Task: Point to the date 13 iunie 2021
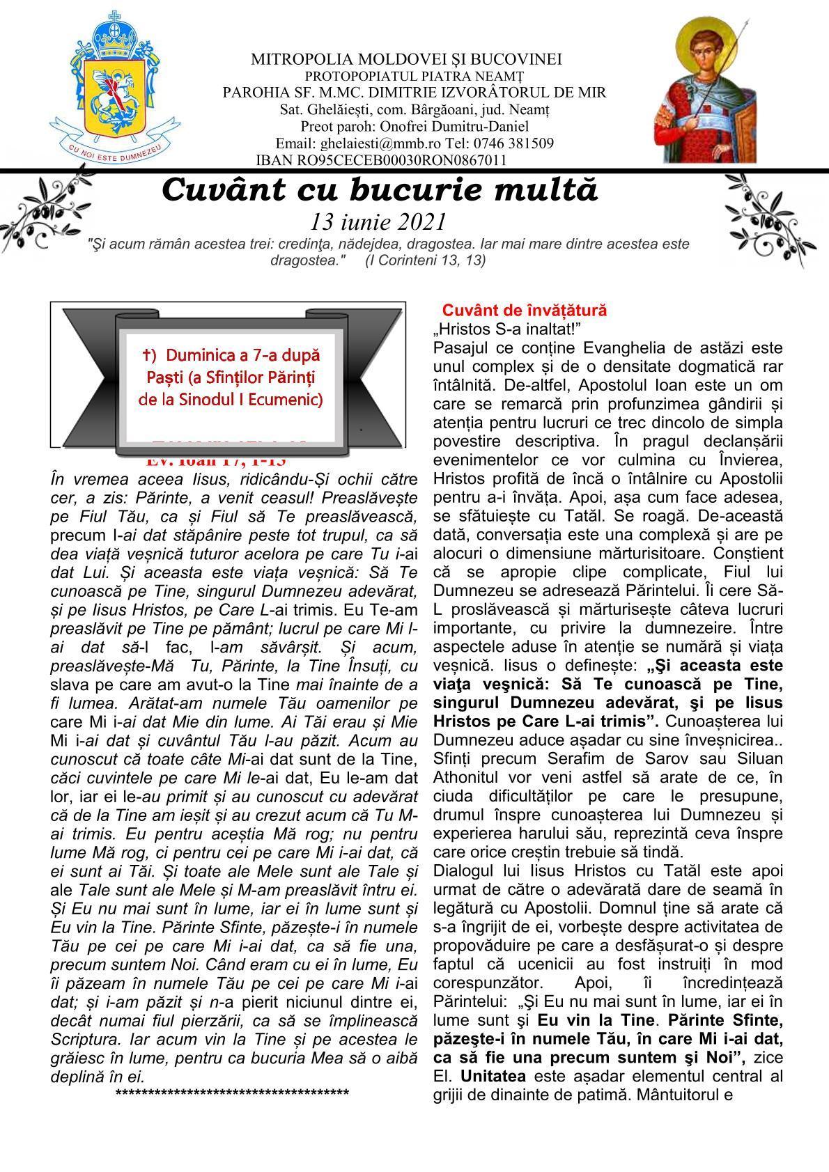[378, 221]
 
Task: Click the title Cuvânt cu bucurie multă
[380, 190]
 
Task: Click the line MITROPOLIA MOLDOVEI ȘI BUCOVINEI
[406, 60]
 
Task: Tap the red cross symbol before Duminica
[147, 355]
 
